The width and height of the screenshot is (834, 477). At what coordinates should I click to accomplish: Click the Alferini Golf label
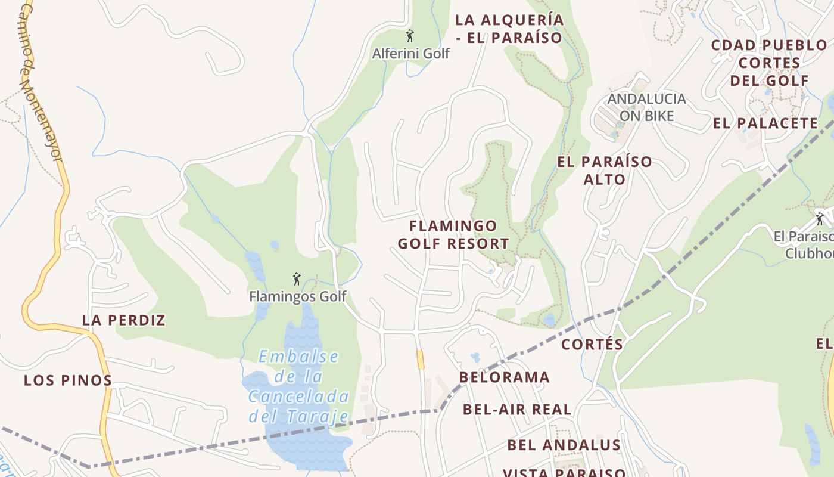[410, 54]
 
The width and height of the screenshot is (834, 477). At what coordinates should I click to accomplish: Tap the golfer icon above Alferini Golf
[409, 36]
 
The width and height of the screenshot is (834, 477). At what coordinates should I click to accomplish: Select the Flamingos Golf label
[297, 296]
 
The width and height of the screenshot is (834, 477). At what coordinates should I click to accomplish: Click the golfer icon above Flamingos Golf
[297, 278]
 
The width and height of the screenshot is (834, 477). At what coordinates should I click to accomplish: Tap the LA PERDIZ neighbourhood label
[124, 320]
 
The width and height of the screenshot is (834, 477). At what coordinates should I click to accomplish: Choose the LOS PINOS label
[68, 380]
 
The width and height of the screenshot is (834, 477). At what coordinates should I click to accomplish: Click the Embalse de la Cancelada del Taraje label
[298, 386]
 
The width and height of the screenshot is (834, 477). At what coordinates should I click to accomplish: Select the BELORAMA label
[505, 377]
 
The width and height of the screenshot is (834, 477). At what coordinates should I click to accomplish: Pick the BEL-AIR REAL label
[517, 410]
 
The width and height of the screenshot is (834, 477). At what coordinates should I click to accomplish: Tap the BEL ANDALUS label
[564, 445]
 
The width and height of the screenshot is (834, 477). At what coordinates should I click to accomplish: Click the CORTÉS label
[592, 345]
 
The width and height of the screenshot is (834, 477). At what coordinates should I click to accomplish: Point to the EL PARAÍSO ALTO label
[605, 171]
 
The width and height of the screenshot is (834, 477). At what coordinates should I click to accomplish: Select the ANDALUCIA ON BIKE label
[646, 107]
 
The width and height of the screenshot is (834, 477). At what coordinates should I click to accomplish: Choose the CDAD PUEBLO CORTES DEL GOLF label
[769, 63]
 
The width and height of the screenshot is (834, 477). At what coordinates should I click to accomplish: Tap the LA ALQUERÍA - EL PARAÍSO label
[509, 29]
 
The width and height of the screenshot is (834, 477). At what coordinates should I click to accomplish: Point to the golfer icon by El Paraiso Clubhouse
[820, 218]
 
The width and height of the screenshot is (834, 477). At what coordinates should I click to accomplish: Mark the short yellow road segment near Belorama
[420, 360]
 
